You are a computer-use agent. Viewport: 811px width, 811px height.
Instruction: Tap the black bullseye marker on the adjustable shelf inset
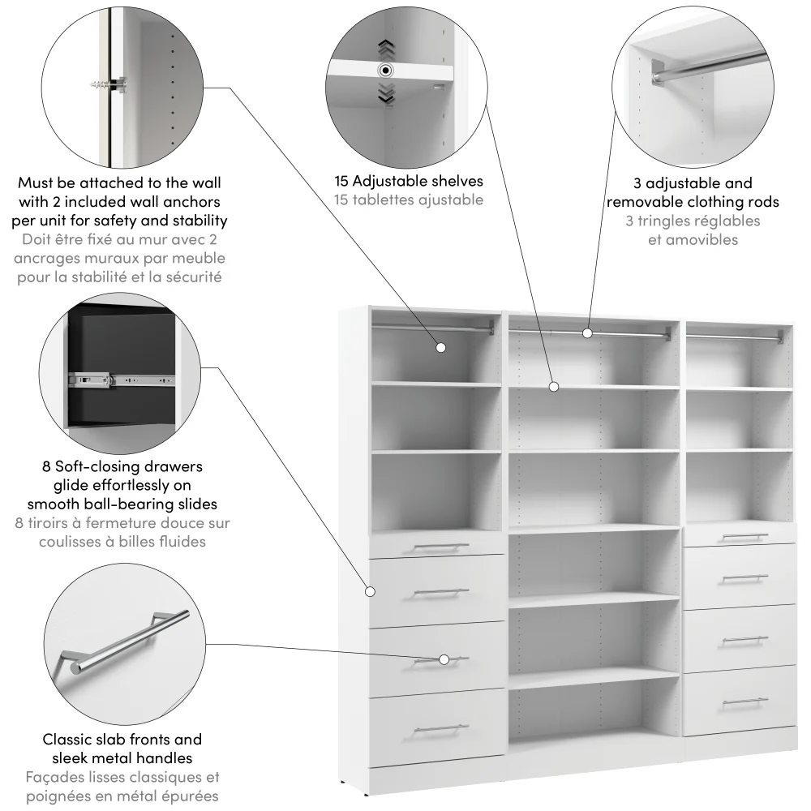point(384,70)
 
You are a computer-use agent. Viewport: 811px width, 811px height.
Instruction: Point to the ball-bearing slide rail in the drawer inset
point(122,378)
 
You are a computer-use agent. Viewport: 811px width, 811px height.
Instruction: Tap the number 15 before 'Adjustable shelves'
point(344,182)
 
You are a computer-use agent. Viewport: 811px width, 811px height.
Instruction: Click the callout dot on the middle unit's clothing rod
point(587,333)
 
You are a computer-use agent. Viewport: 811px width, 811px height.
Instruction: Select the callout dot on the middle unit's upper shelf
point(554,387)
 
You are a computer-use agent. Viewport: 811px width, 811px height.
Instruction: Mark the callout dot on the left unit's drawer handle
point(444,659)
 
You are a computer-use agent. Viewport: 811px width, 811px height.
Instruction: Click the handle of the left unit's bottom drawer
point(440,728)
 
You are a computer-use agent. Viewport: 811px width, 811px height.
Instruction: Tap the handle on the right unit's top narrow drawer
point(744,536)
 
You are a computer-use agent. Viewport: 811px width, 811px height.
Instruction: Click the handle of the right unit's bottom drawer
point(744,701)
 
